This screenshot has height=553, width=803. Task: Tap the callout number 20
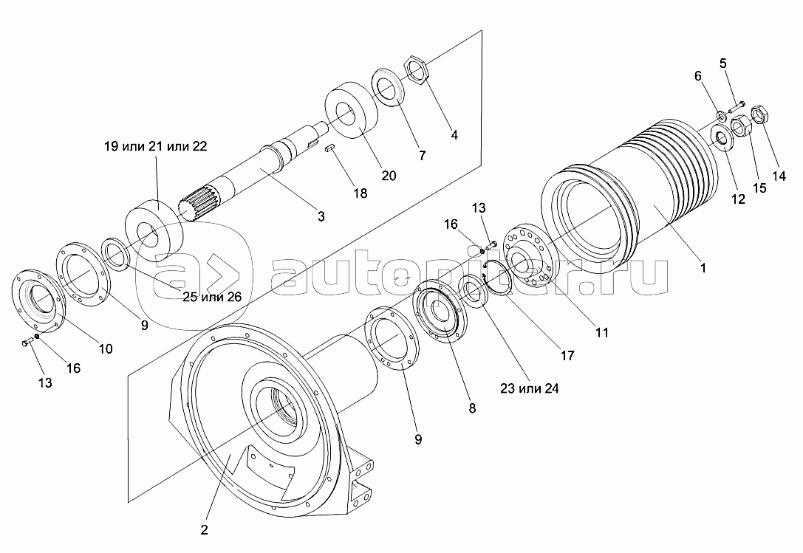coord(389,176)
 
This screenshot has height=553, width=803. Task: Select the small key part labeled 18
coord(329,149)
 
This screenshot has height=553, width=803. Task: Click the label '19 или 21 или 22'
coord(156,146)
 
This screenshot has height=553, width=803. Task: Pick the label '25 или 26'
coord(212,297)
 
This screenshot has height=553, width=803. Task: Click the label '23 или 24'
coord(530,388)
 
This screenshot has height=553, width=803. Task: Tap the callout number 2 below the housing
coord(205,530)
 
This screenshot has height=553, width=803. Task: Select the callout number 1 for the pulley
coord(703,268)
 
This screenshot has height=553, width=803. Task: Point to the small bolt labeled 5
coord(735,108)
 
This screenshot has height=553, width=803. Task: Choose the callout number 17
coord(567,355)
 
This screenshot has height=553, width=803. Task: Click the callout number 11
coord(602,333)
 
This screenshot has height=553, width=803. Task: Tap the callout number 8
coord(472,408)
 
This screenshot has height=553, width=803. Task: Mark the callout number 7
coord(422,155)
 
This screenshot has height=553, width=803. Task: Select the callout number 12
coord(738,199)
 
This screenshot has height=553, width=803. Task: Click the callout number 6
coord(697,76)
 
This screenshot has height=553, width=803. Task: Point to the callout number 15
coord(759,188)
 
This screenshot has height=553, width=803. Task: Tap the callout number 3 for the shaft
coord(321,216)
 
